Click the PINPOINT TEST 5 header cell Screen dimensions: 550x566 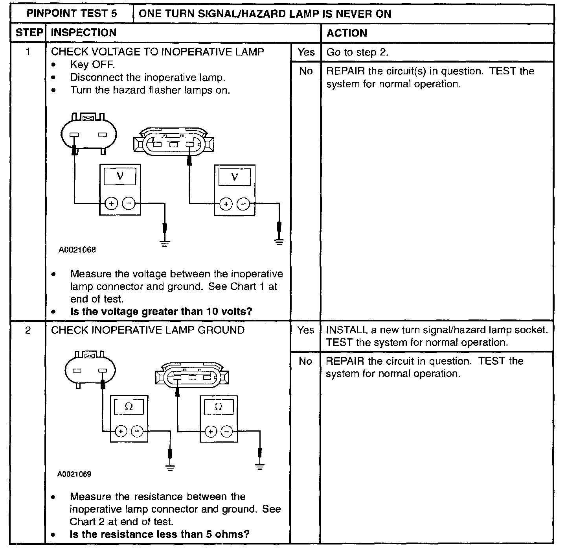tap(72, 14)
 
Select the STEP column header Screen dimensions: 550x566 tap(29, 33)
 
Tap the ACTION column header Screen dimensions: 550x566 tap(347, 33)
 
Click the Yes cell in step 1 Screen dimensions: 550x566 tap(306, 52)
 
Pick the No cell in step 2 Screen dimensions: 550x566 tap(305, 361)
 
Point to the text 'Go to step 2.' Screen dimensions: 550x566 tap(357, 52)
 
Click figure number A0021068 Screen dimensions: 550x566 tap(77, 250)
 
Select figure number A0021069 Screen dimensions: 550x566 tap(74, 474)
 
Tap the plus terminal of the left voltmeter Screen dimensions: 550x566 tap(111, 203)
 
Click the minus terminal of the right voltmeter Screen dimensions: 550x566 tap(244, 204)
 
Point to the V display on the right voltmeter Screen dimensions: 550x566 tap(235, 177)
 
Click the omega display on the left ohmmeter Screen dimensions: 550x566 tap(129, 407)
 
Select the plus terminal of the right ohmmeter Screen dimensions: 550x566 tap(211, 431)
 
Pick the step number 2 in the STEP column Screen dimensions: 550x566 tap(28, 330)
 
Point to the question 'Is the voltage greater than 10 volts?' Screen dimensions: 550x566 tap(161, 312)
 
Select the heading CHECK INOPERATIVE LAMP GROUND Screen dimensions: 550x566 tap(148, 330)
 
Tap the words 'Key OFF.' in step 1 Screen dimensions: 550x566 tap(92, 65)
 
